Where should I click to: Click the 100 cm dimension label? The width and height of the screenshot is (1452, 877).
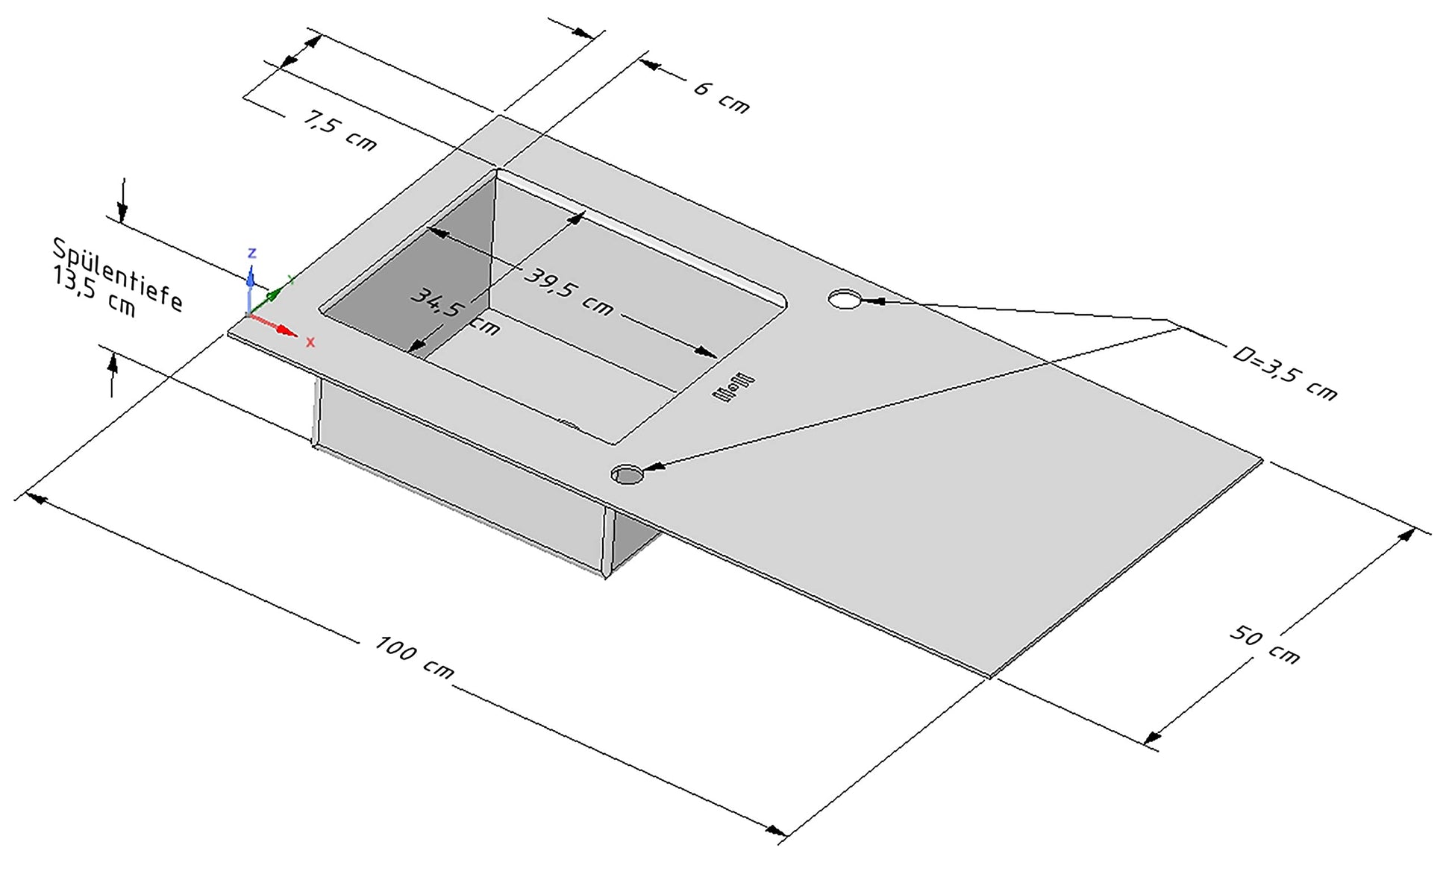[414, 657]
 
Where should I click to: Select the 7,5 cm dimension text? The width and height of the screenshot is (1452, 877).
[339, 130]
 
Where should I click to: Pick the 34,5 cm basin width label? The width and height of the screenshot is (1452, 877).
[454, 311]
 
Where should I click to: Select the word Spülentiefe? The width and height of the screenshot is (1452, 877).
[117, 274]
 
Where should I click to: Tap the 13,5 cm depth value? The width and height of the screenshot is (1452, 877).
[94, 293]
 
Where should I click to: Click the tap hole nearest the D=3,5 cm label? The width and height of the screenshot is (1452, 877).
[844, 300]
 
